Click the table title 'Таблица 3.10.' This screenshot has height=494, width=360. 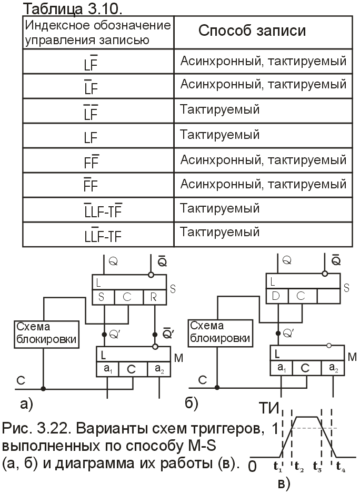(x=73, y=9)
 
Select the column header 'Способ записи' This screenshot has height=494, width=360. (x=252, y=31)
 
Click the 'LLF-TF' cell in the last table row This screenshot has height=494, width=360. (x=103, y=235)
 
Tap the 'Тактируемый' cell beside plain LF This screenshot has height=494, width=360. (x=219, y=135)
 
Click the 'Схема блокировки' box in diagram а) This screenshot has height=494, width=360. (x=47, y=334)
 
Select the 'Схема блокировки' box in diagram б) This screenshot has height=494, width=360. (x=221, y=334)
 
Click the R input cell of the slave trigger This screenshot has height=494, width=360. (x=154, y=297)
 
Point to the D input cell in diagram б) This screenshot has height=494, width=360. (x=277, y=296)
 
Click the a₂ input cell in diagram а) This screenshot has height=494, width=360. (x=159, y=369)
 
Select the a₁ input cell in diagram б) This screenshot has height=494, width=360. (x=282, y=368)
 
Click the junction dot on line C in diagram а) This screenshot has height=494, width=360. (x=43, y=388)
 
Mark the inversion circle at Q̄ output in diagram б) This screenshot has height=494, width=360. (x=325, y=274)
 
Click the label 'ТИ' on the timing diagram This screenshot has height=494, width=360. (x=269, y=408)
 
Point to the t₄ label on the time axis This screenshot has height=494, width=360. (x=341, y=467)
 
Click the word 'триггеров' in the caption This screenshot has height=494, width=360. (x=224, y=429)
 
